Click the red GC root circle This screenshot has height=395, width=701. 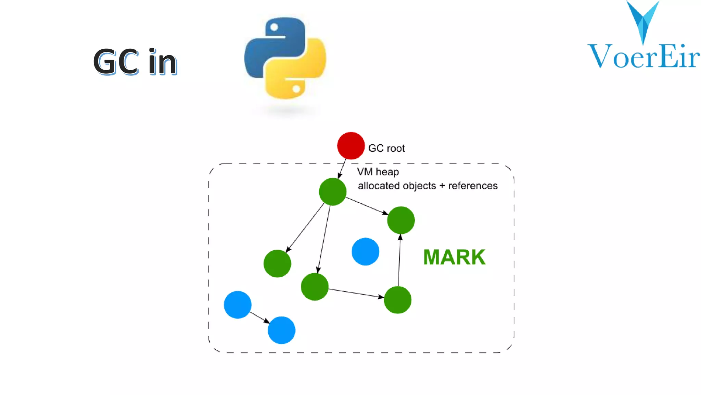point(350,146)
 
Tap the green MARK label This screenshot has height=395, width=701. point(454,257)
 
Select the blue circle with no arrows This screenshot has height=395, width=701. point(365,252)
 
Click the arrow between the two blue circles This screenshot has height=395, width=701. point(259,318)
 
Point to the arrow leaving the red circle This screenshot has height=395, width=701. point(342,168)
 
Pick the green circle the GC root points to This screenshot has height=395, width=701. point(332,192)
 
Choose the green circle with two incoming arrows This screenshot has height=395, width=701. point(401,220)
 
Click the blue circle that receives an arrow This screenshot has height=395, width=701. point(281,330)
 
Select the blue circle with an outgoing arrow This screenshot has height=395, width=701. point(238,305)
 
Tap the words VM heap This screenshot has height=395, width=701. point(378,172)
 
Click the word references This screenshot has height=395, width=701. point(473,186)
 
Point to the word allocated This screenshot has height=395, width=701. point(380,186)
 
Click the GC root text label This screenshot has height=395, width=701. point(386,148)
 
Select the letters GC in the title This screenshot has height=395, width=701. point(116,62)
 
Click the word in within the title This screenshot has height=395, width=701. point(163,62)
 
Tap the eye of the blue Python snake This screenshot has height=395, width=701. point(274,27)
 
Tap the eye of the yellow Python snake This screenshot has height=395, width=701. point(296,89)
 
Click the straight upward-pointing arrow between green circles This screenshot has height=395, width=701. point(399,260)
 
